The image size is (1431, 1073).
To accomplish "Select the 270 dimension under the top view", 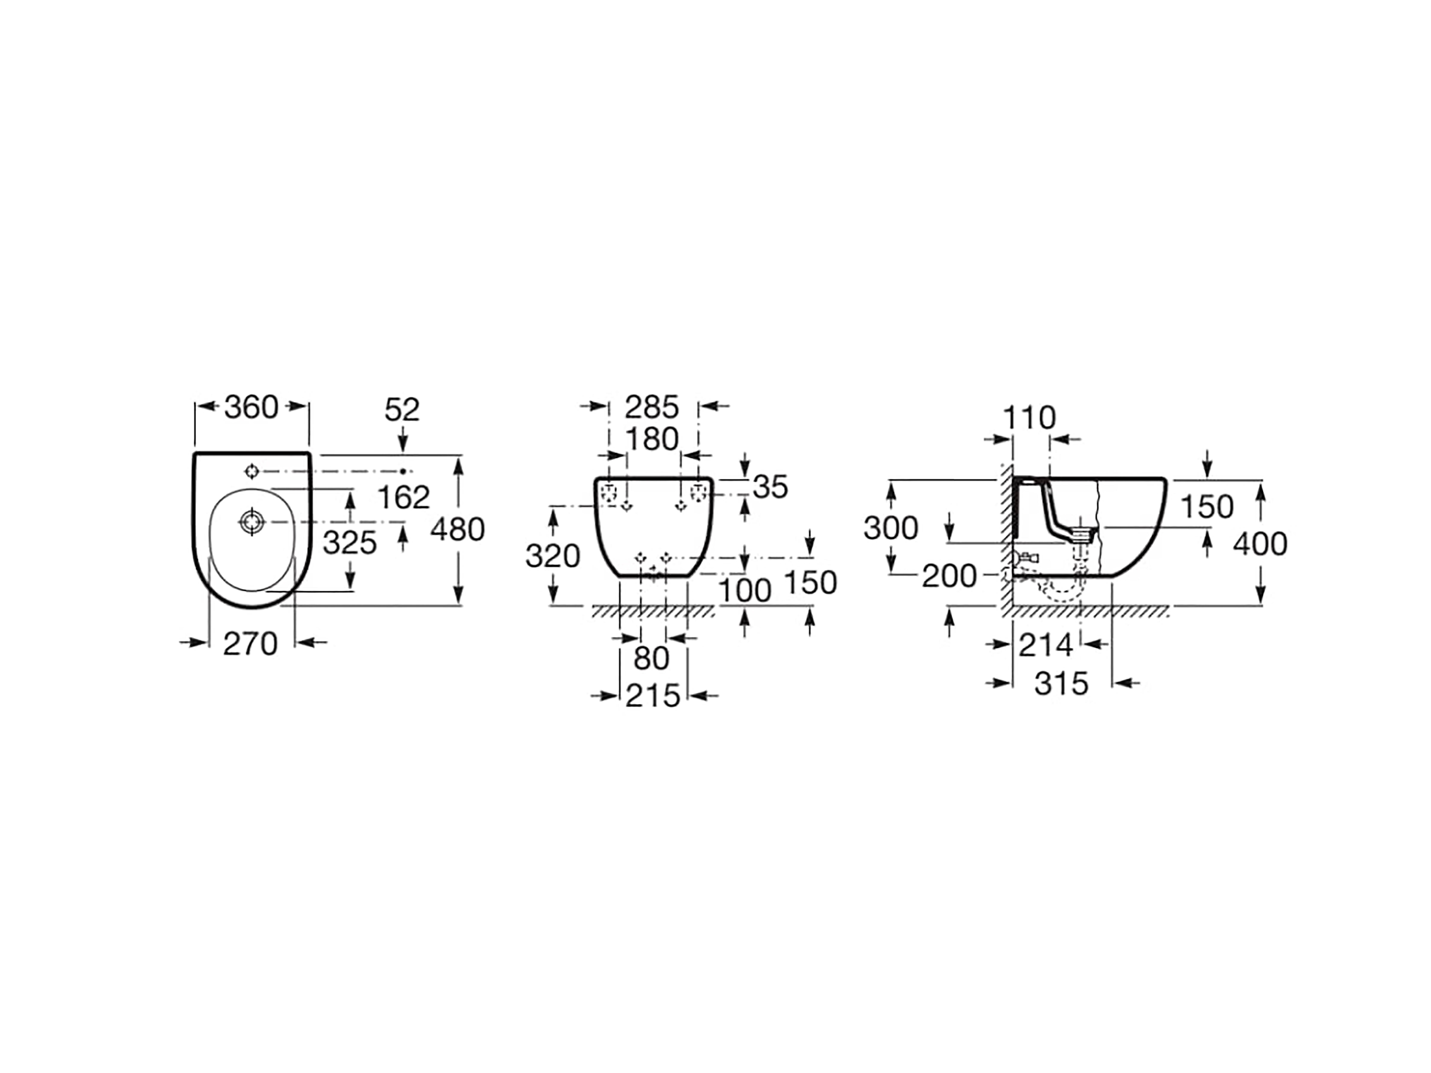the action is [x=250, y=644].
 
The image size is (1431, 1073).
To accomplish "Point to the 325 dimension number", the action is [x=350, y=543].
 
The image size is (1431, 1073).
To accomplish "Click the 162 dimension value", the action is [x=404, y=497].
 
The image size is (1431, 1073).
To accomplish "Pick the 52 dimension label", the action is [x=402, y=409].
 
